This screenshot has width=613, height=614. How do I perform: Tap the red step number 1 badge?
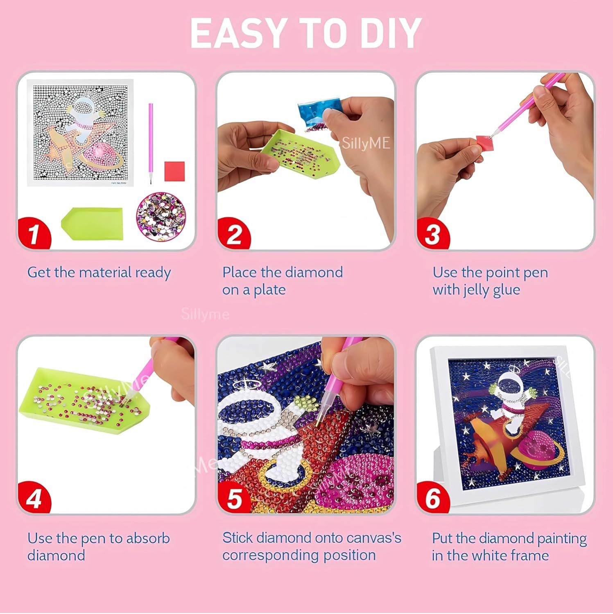(34, 233)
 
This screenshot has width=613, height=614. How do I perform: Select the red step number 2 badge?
(234, 234)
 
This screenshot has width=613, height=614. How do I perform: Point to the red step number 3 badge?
(433, 234)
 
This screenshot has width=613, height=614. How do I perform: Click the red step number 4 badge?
(34, 498)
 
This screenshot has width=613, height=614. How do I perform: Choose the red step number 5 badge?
(234, 498)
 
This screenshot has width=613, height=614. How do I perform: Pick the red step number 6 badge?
(433, 498)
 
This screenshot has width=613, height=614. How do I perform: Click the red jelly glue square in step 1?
(174, 171)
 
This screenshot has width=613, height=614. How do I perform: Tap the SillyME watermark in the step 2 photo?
(366, 143)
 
